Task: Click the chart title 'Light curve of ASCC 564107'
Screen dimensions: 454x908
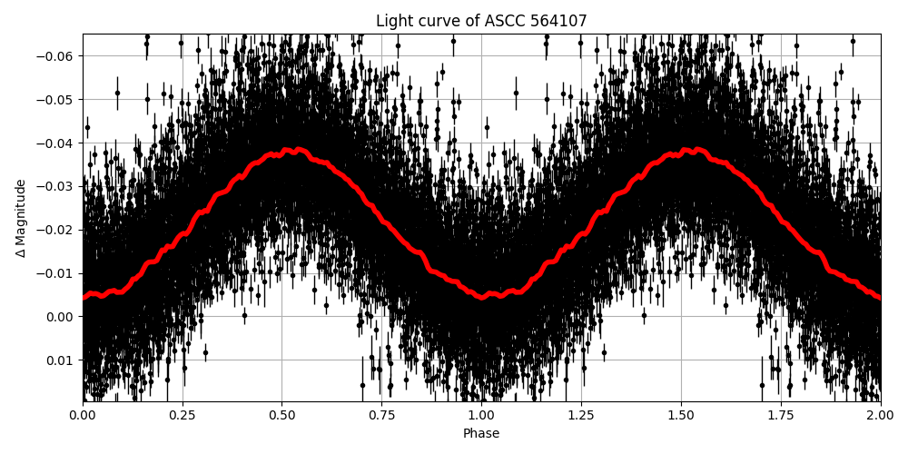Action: click(x=481, y=21)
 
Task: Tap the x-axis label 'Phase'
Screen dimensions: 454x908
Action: click(x=481, y=434)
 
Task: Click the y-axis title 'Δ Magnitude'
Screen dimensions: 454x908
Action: click(x=21, y=218)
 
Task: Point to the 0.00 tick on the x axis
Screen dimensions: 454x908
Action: click(x=83, y=416)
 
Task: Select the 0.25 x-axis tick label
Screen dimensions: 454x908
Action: click(x=183, y=416)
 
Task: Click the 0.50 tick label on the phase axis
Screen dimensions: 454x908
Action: click(x=282, y=416)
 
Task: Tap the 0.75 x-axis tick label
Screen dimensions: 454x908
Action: click(x=381, y=416)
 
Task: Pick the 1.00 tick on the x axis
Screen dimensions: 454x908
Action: click(x=481, y=416)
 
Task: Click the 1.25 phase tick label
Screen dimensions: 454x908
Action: click(x=581, y=416)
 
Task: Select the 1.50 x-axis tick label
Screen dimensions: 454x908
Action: click(x=681, y=416)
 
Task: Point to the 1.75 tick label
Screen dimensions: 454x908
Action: click(x=781, y=416)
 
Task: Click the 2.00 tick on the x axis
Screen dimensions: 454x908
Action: click(x=880, y=416)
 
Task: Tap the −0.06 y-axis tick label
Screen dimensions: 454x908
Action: click(x=57, y=56)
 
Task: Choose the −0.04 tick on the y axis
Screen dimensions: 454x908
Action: click(x=57, y=143)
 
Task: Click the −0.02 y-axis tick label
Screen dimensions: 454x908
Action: click(x=57, y=230)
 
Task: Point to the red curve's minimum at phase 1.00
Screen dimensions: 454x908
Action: click(x=482, y=296)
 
